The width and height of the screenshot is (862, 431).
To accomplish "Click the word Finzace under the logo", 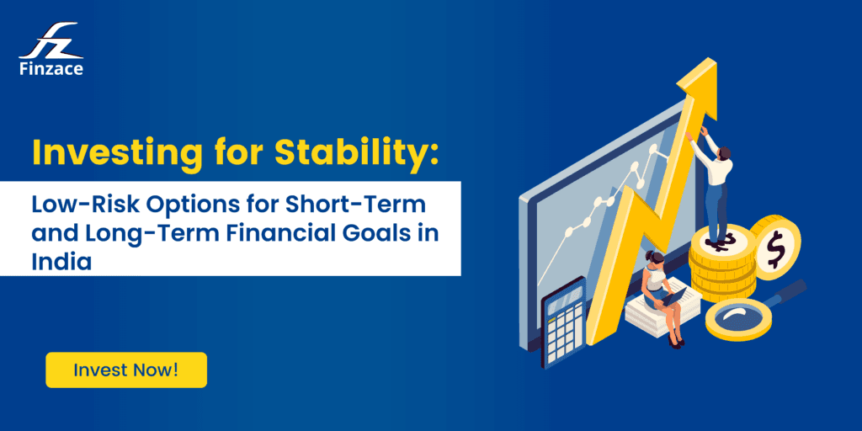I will pos(51,69).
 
